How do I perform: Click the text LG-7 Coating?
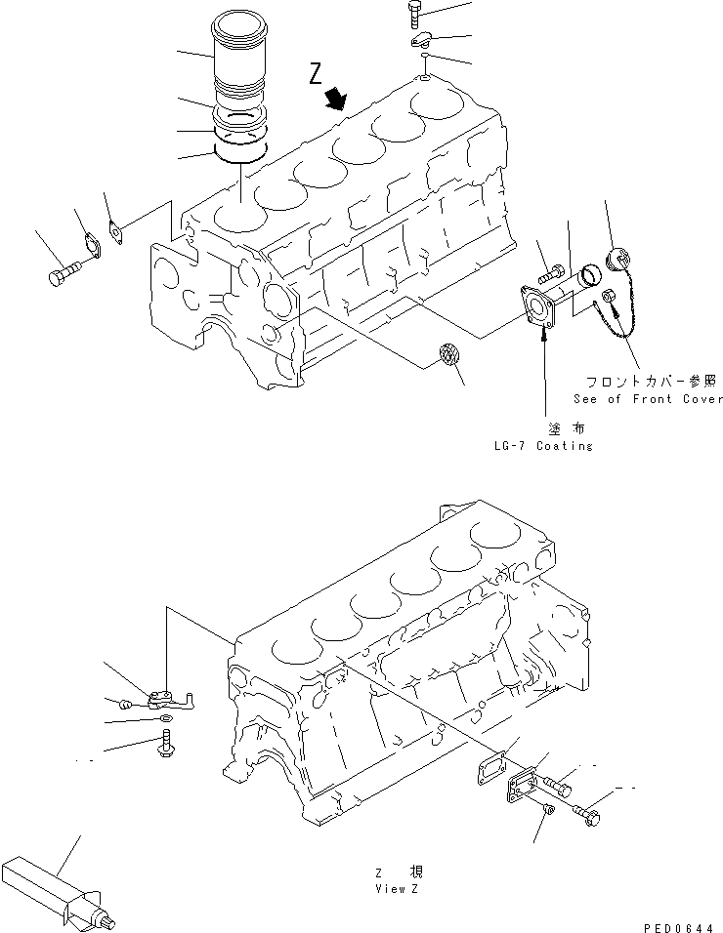click(543, 446)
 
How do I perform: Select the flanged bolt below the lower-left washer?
click(163, 747)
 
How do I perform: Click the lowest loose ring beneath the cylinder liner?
click(240, 151)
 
